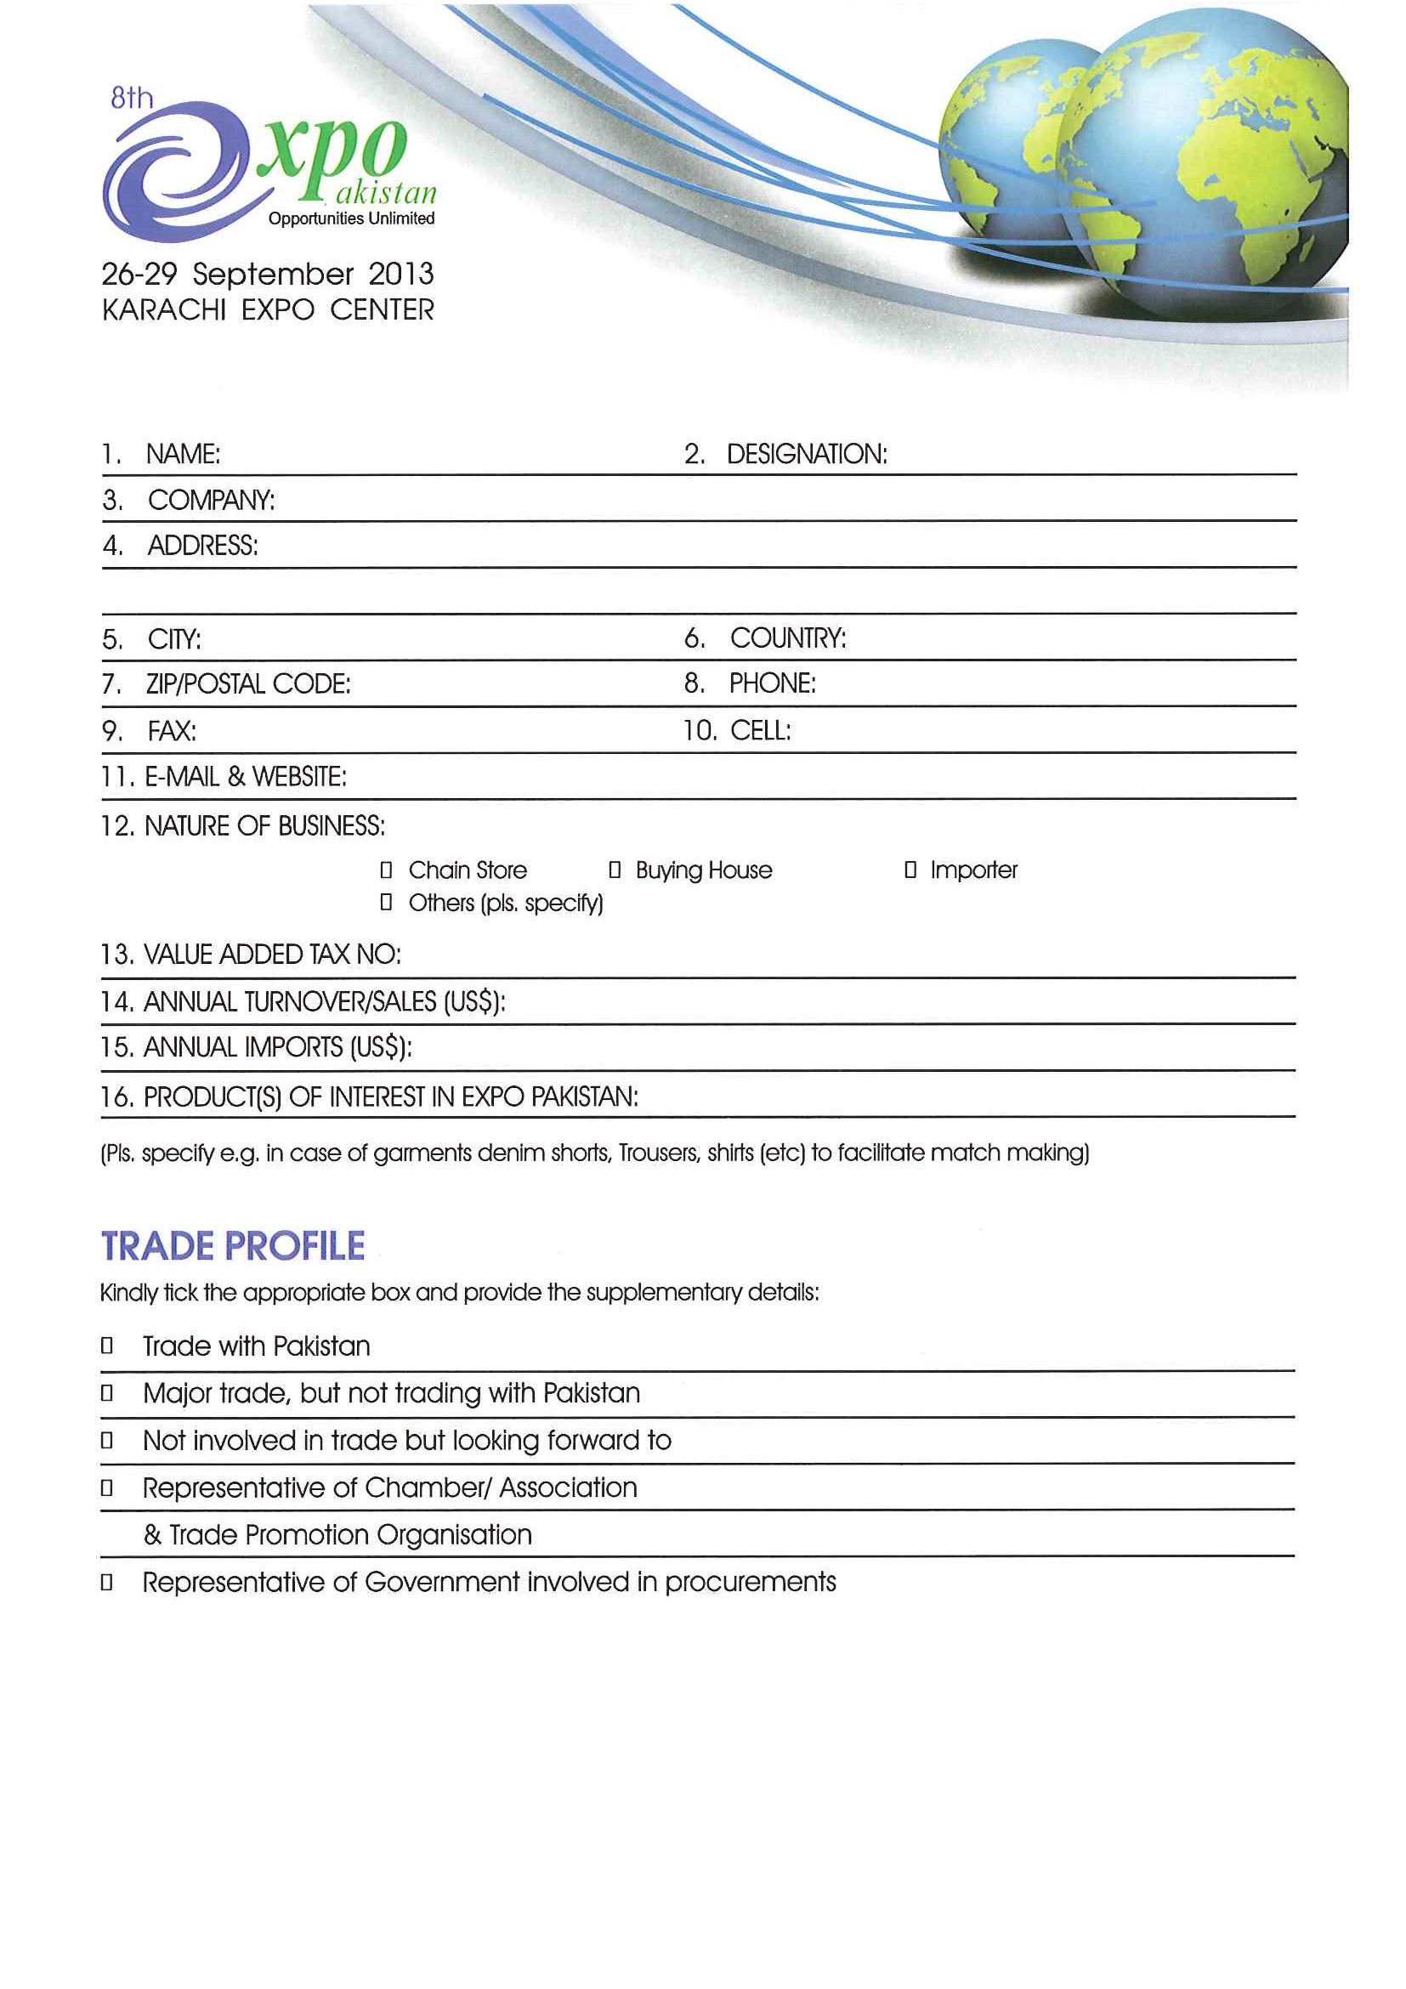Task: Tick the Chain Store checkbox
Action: click(x=387, y=870)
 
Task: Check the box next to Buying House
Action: click(x=615, y=870)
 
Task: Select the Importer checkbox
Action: click(x=910, y=870)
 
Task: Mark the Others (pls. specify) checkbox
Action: click(x=387, y=903)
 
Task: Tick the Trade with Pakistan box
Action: click(x=106, y=1346)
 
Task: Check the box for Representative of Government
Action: click(x=106, y=1583)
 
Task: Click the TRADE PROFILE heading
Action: click(x=233, y=1247)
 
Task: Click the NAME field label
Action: click(x=183, y=454)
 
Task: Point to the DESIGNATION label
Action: click(x=807, y=454)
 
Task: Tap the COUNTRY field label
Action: click(x=787, y=638)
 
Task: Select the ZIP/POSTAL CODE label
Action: click(x=247, y=684)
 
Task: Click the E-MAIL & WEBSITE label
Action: click(x=245, y=777)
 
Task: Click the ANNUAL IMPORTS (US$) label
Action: click(x=277, y=1047)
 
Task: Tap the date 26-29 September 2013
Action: click(x=268, y=275)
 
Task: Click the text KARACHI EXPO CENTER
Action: click(x=268, y=310)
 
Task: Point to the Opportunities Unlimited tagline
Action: click(x=351, y=218)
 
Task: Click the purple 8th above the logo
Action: click(x=132, y=98)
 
